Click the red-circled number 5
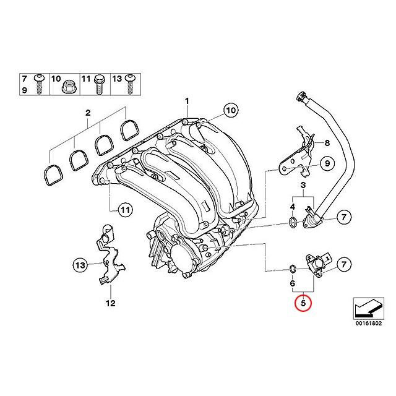[303, 304]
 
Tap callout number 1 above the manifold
[188, 101]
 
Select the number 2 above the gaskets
[88, 113]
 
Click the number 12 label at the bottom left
[110, 303]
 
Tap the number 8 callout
[329, 143]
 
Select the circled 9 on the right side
[329, 164]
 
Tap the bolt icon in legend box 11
[98, 85]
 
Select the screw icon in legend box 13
[131, 84]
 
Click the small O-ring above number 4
[291, 221]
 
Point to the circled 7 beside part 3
[343, 217]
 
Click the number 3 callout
[304, 185]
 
